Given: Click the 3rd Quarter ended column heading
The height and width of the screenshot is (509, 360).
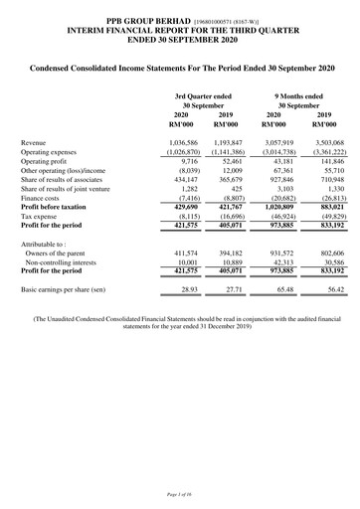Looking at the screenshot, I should [205, 93].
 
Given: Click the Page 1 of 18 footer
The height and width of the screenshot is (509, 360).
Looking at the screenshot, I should [179, 493].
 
